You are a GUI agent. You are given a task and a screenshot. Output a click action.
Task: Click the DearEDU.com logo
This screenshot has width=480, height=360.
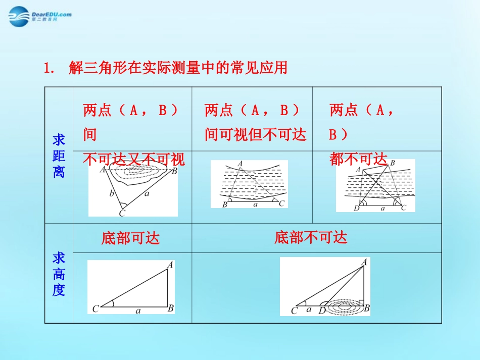pos(40,16)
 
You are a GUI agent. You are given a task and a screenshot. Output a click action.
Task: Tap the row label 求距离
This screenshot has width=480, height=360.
pos(59,156)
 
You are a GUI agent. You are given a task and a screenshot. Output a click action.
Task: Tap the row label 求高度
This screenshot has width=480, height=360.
pos(59,274)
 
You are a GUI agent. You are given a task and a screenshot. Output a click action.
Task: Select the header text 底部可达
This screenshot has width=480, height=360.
pos(130,238)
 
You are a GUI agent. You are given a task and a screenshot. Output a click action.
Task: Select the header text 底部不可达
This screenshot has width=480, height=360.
pos(311,238)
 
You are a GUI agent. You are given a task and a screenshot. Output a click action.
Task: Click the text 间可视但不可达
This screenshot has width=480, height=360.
pos(255,135)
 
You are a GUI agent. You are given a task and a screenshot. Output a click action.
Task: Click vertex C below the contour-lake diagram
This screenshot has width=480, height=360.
pos(122,213)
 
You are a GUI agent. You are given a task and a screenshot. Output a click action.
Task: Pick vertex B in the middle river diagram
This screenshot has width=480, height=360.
pos(225,204)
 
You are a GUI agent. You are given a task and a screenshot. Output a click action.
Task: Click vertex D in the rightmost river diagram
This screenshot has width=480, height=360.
pos(357,208)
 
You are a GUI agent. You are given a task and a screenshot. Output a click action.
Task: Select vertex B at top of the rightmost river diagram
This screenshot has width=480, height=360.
pos(392,163)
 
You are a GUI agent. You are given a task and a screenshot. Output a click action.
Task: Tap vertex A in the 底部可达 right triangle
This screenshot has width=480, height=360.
pos(170,264)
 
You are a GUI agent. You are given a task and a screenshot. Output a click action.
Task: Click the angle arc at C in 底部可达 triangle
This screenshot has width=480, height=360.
pos(112,303)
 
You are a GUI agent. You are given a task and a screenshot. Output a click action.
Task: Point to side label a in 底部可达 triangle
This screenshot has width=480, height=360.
pos(138,311)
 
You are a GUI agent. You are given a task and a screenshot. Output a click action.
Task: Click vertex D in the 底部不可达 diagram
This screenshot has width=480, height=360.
pos(322,311)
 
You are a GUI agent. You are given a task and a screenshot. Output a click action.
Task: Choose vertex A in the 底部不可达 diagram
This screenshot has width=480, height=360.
pos(364,262)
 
